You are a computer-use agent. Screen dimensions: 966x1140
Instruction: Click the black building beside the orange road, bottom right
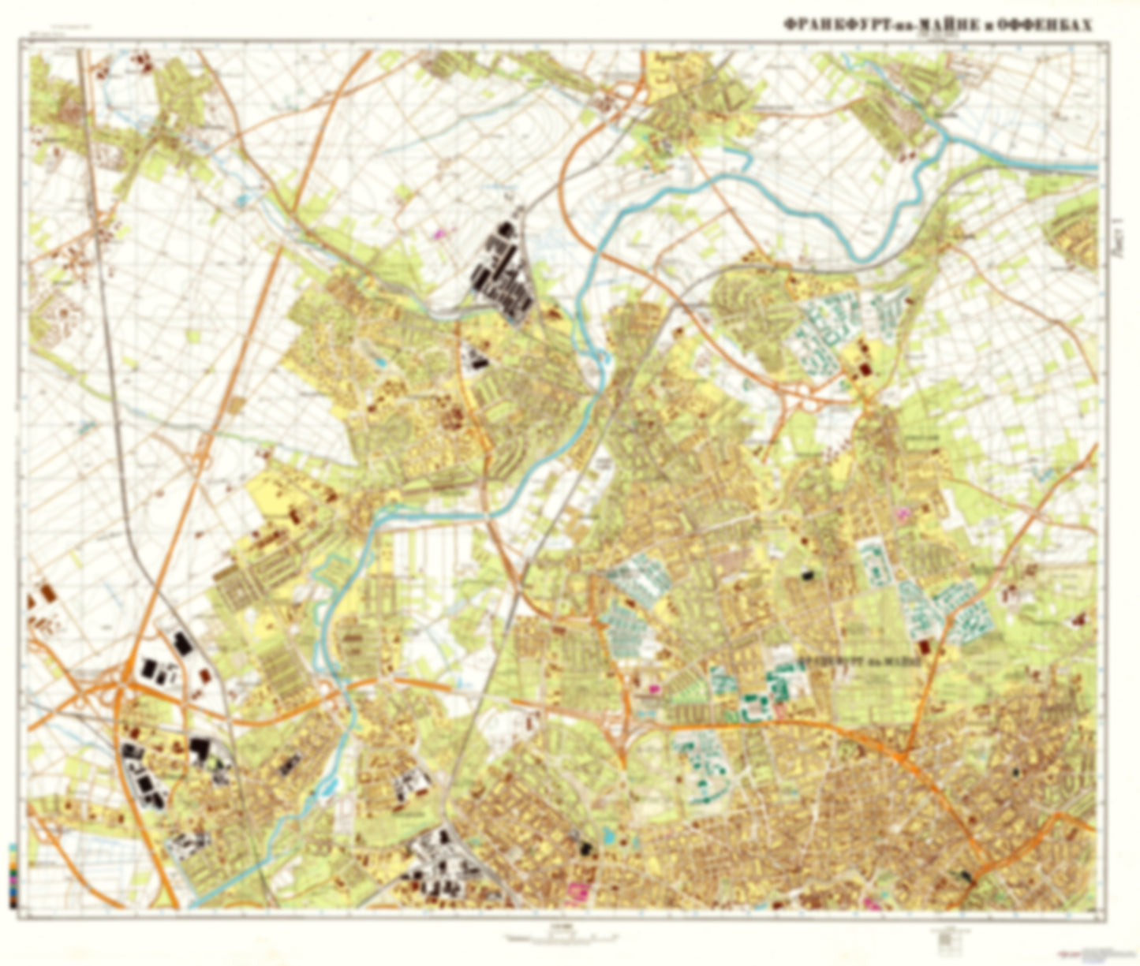point(966,875)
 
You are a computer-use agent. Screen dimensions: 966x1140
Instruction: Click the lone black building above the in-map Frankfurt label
point(806,576)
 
